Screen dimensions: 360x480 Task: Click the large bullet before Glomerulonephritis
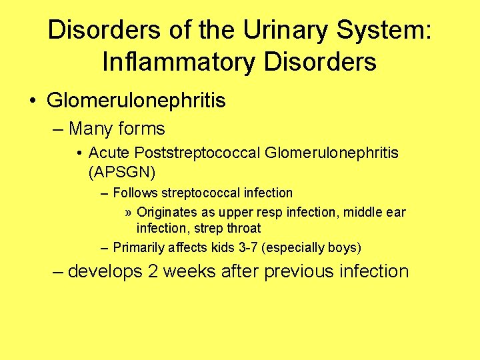click(33, 101)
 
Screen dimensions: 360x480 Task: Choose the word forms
click(141, 128)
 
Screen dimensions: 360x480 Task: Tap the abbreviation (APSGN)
click(121, 173)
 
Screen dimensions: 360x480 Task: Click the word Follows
click(135, 193)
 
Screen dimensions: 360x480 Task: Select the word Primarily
click(138, 248)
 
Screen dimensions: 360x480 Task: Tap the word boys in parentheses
click(343, 248)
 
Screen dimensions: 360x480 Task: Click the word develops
click(105, 272)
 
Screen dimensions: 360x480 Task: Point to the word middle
click(363, 213)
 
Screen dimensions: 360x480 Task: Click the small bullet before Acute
click(79, 154)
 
